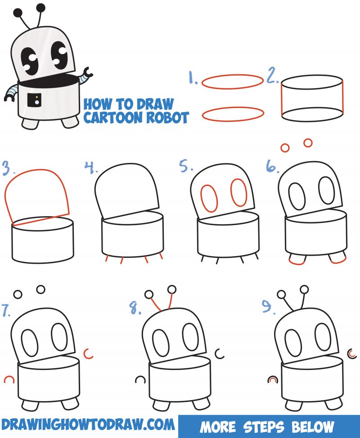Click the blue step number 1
tap(193, 79)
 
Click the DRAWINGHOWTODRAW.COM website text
tap(88, 424)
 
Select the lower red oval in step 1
tap(232, 114)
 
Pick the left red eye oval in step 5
tap(209, 198)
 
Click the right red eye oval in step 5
tap(239, 192)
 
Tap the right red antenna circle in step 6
tap(308, 143)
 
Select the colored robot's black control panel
tap(34, 99)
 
